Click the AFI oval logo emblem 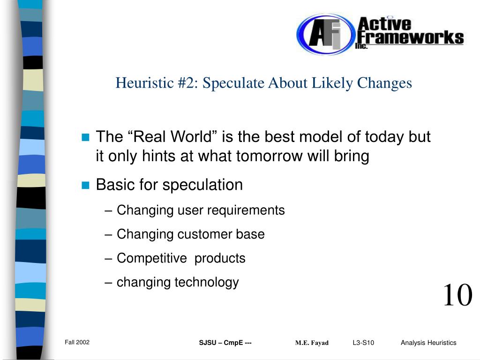tap(325, 34)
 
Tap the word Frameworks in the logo tap(411, 38)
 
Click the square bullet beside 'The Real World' tap(85, 137)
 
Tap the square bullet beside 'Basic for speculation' tap(85, 185)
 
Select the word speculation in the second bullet tap(202, 185)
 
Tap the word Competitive tap(152, 258)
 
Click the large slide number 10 tap(457, 295)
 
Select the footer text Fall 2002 tap(77, 342)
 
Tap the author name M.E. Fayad tap(312, 343)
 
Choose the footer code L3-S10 tap(363, 343)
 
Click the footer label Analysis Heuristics tap(428, 343)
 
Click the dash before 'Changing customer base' tap(108, 235)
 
